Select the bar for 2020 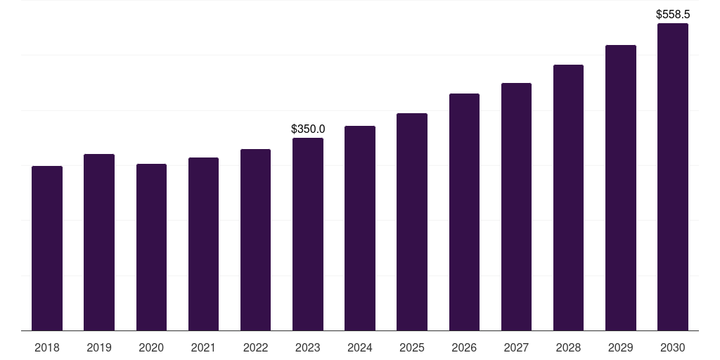151,247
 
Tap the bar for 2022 255,240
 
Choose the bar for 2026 464,212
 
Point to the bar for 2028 568,198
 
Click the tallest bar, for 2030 673,176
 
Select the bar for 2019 99,242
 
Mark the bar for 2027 516,207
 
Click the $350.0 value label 308,129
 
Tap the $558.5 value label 673,14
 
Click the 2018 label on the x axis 47,347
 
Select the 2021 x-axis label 203,347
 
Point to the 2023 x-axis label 308,347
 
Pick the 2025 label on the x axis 412,347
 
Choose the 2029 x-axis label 621,347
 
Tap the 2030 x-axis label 673,347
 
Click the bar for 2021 203,244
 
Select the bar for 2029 621,188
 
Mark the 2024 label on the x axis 360,347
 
